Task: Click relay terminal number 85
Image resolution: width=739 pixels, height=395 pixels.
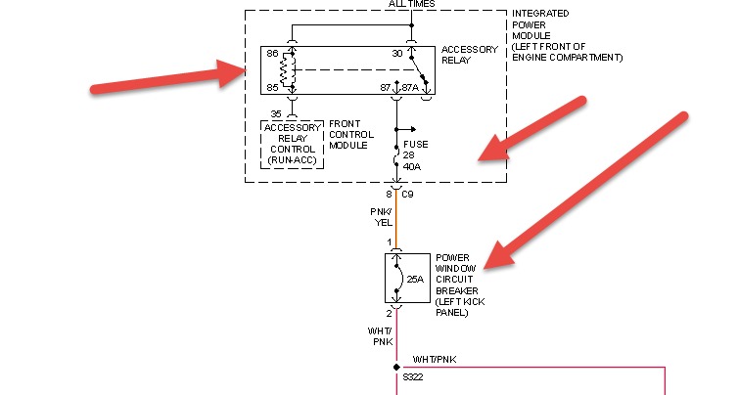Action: (x=272, y=88)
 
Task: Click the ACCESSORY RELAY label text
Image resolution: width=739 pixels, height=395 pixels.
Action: (x=469, y=56)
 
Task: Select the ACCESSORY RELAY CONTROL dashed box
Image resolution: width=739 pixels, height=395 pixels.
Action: (x=292, y=143)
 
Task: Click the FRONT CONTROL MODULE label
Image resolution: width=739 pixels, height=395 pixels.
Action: (x=350, y=134)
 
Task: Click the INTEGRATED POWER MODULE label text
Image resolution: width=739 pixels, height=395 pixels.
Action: (x=566, y=35)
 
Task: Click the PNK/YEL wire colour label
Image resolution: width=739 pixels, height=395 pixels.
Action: (x=380, y=216)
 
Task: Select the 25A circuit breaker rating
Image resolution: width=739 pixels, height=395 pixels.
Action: (x=415, y=280)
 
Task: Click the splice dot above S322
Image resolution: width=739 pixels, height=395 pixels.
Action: (x=396, y=367)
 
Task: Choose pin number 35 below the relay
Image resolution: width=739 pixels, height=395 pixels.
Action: (x=276, y=113)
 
